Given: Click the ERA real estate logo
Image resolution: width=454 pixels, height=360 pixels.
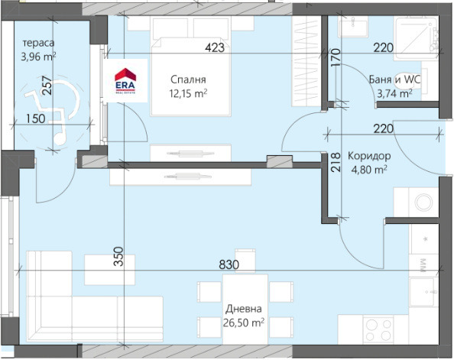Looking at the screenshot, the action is click(125, 81).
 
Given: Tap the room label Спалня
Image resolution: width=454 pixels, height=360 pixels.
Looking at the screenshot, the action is click(188, 79).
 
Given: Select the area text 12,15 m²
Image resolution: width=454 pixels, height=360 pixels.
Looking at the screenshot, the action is click(188, 93).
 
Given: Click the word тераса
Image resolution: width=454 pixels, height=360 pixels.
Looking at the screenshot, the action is click(38, 43).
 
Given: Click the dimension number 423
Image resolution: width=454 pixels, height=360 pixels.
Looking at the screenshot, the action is click(215, 48).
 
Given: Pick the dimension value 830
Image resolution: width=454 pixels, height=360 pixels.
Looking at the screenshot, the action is click(229, 264).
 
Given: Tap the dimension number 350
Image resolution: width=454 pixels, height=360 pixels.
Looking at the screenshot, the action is click(118, 256).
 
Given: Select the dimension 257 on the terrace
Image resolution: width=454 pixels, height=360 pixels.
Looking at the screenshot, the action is click(47, 85).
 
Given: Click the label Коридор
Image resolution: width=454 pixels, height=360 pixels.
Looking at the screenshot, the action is click(369, 156).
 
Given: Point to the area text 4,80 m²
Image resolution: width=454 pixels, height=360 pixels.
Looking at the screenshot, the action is click(369, 170).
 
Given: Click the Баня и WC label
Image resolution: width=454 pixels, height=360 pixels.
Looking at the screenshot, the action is click(394, 79).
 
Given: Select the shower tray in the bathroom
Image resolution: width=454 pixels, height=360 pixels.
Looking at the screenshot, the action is click(416, 39).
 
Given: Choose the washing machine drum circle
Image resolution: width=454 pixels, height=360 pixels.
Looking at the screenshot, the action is click(424, 202).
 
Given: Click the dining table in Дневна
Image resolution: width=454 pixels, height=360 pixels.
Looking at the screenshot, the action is click(245, 309).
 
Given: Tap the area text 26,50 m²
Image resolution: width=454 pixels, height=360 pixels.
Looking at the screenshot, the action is click(244, 323).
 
